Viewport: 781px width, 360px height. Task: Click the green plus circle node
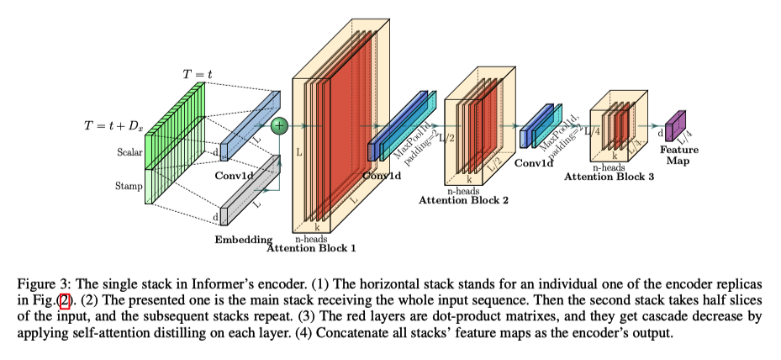(x=279, y=125)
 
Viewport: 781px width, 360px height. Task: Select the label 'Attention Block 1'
(x=311, y=248)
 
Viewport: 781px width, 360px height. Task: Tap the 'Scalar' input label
(x=129, y=152)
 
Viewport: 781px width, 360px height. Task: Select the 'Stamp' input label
(x=129, y=186)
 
